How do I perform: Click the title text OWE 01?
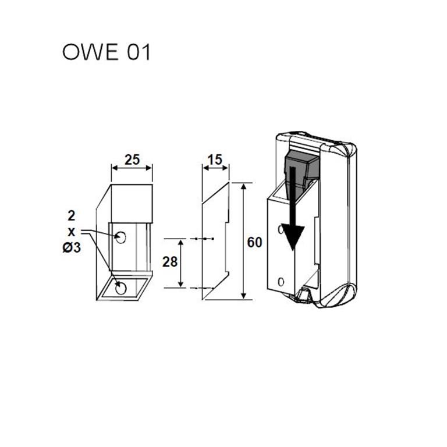(106, 52)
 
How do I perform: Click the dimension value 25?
(132, 159)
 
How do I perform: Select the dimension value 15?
(215, 159)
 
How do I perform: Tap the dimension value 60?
(254, 243)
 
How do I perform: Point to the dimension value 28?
(169, 262)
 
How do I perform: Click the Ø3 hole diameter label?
(70, 248)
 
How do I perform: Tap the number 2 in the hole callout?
(71, 217)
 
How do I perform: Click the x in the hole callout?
(71, 232)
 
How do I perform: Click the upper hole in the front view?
(122, 237)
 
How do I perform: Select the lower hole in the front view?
(122, 288)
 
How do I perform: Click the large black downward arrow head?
(295, 237)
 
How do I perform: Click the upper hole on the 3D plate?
(282, 230)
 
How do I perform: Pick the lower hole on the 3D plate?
(282, 282)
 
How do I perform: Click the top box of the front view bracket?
(132, 203)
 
